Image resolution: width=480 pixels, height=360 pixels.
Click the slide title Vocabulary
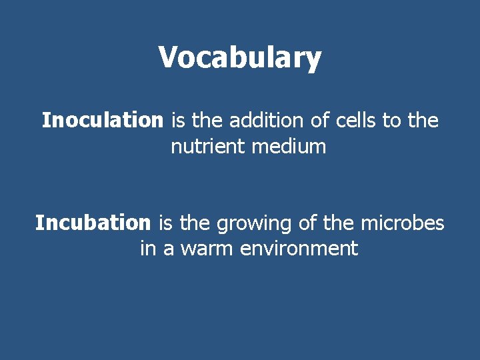pyautogui.click(x=240, y=58)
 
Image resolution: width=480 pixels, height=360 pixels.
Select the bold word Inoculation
pyautogui.click(x=102, y=121)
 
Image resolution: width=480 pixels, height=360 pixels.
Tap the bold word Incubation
pyautogui.click(x=93, y=223)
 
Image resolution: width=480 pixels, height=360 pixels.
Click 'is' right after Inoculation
pyautogui.click(x=178, y=121)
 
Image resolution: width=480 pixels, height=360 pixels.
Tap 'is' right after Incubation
pyautogui.click(x=166, y=223)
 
